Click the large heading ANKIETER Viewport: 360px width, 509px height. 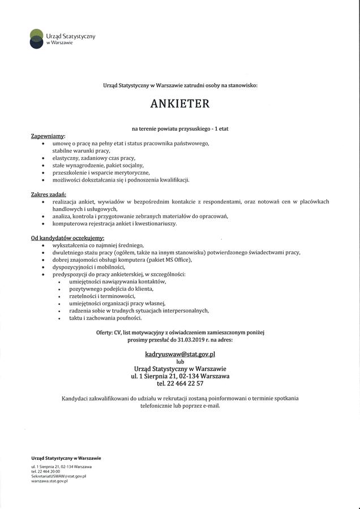tap(180, 103)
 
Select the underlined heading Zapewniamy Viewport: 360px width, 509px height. tap(48, 136)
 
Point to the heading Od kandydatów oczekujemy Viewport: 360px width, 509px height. tap(67, 238)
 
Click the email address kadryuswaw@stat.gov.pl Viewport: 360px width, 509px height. tap(180, 353)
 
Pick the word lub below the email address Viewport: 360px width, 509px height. tap(180, 361)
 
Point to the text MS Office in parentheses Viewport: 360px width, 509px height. tap(177, 260)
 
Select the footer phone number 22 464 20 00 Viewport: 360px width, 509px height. tap(53, 471)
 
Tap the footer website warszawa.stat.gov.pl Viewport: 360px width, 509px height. tap(50, 481)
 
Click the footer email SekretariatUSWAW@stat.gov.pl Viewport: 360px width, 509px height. tap(58, 476)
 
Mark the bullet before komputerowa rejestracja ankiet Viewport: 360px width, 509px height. tap(44, 223)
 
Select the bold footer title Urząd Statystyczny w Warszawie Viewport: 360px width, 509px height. tap(66, 458)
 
